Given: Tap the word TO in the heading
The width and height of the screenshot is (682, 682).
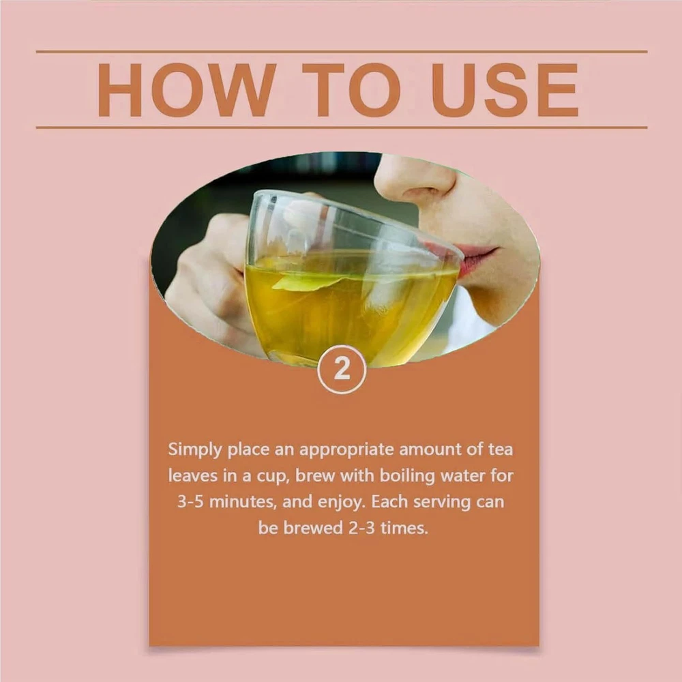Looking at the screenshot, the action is (351, 89).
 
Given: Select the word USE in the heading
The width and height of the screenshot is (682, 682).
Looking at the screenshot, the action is (505, 89).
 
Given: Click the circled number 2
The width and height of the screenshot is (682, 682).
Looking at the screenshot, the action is (342, 369).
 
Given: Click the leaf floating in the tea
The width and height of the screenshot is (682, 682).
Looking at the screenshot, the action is (307, 282).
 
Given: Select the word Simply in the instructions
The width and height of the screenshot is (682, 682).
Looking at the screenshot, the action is (195, 450).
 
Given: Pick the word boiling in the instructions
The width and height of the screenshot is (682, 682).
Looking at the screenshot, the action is (407, 476).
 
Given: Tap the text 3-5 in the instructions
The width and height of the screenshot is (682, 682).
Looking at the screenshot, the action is (190, 502).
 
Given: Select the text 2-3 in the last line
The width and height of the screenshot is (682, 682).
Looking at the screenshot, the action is (361, 528).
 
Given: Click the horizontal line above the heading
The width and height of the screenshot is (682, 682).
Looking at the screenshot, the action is (342, 52).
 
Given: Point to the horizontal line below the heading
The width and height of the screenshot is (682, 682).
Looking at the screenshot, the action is (342, 128).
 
